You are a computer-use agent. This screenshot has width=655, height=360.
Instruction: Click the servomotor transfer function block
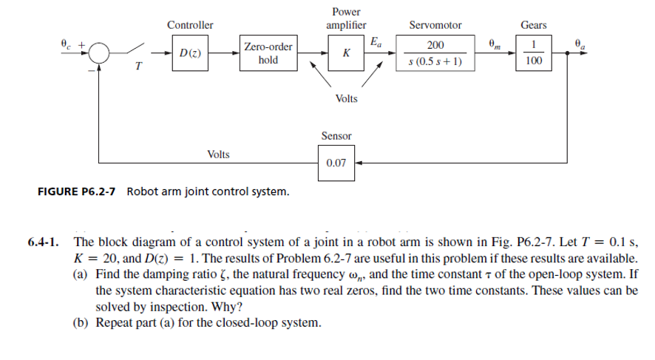435,53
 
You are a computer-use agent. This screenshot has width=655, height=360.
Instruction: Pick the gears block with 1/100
533,53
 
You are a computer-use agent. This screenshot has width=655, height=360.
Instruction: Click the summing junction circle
101,53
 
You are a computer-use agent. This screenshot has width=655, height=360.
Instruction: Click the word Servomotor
435,25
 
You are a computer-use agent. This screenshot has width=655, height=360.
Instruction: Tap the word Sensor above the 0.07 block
336,136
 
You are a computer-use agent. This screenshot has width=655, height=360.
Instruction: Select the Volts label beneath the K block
346,99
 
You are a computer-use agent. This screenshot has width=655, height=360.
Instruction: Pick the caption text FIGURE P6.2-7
79,193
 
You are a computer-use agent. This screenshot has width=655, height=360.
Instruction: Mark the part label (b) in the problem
84,323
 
